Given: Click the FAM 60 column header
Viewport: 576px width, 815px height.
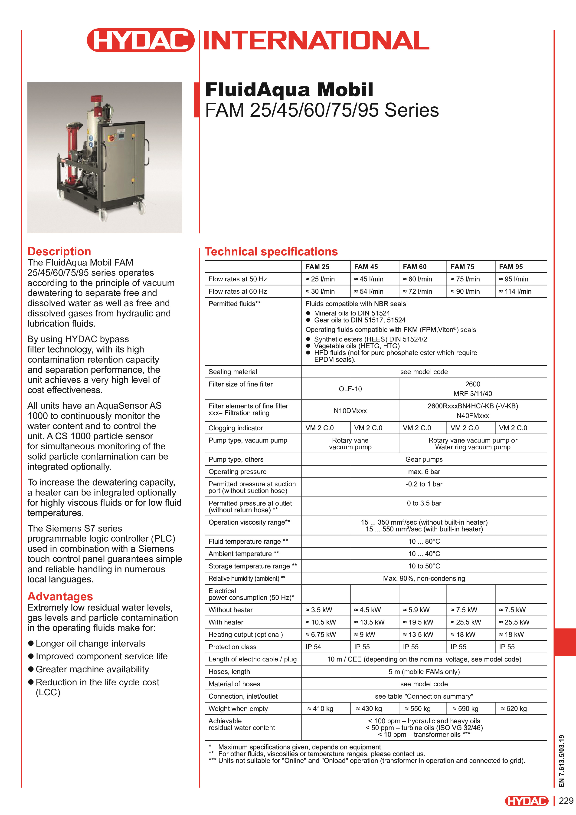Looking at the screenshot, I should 415,266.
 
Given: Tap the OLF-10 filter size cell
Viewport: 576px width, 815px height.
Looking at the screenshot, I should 350,389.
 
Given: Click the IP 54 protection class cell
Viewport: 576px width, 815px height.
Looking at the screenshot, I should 313,647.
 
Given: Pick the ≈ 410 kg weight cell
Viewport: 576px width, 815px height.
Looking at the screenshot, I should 320,709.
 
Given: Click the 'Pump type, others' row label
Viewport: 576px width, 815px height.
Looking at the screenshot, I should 236,459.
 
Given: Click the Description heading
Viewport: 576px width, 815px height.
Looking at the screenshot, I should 59,251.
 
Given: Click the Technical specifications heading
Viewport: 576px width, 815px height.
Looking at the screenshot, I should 271,252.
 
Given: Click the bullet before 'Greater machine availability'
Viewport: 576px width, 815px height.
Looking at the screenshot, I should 31,669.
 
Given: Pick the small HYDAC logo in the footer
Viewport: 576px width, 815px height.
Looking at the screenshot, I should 527,801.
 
